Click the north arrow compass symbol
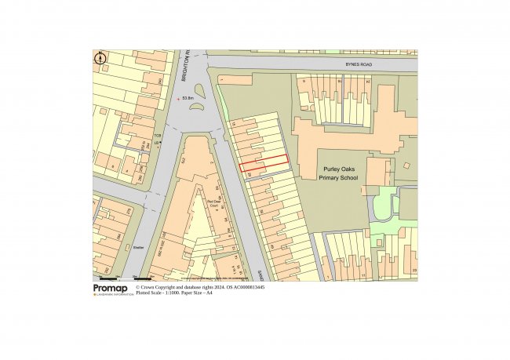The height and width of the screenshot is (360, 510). pos(100,58)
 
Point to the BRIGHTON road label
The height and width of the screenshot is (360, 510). pos(185,68)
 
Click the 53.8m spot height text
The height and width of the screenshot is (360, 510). pos(189,98)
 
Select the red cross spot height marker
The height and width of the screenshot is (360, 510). pos(178,98)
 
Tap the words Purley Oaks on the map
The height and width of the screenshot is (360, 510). pos(338,169)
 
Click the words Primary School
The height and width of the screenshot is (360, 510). pos(338,178)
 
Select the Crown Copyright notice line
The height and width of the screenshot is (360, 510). pos(200,288)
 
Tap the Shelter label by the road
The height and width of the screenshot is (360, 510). pos(139,247)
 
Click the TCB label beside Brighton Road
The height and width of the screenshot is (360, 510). pos(157,136)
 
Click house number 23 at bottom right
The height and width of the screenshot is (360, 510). pos(413,271)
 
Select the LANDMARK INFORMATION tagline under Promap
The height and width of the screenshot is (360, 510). pos(113,295)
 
